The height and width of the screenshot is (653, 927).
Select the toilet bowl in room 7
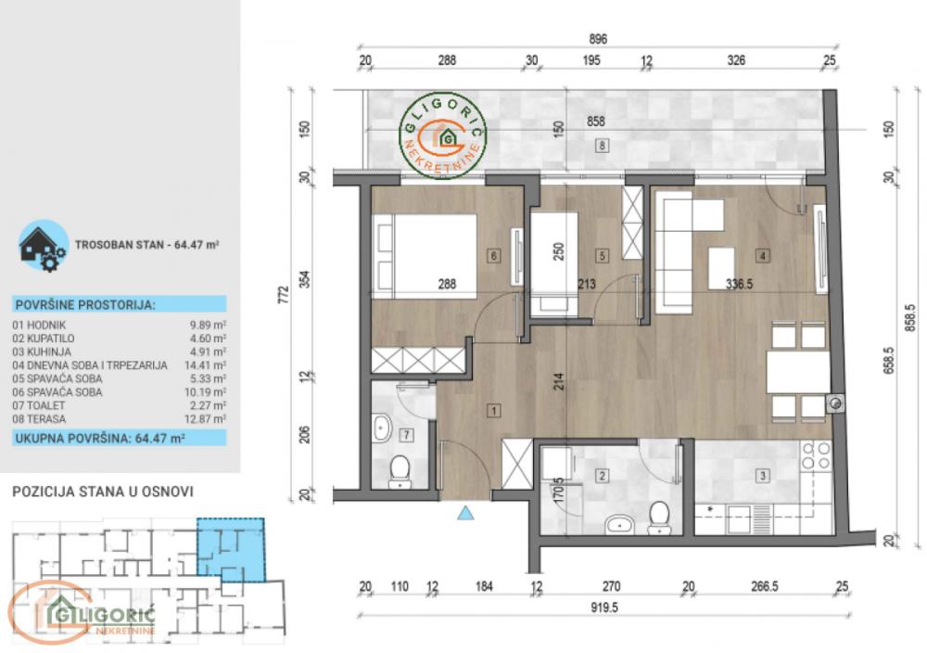400,470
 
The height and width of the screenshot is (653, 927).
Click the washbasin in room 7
383,429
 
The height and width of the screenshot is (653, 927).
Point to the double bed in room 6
425,255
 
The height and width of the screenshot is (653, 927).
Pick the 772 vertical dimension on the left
285,295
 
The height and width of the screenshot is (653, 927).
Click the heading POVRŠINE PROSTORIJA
85,304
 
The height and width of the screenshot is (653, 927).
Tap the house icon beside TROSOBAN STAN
42,244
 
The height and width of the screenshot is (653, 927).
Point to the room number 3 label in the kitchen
763,477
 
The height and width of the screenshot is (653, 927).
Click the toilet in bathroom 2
660,516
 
